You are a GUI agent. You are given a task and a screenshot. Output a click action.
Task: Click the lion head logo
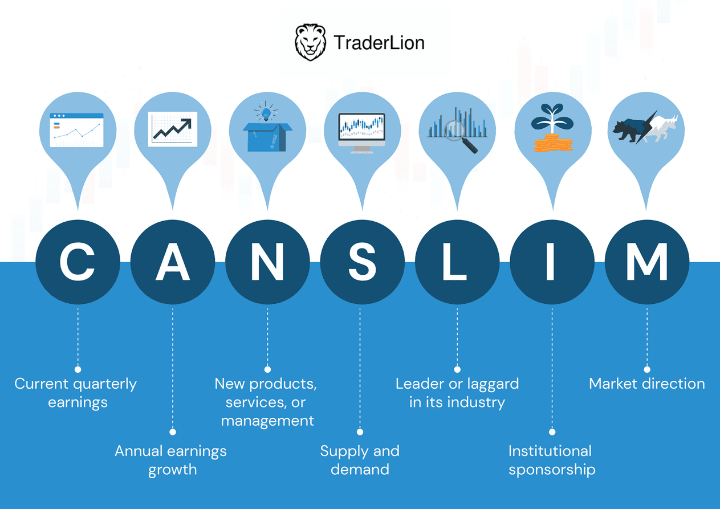pyautogui.click(x=311, y=42)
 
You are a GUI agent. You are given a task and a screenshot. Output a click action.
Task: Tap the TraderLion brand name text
pyautogui.click(x=379, y=43)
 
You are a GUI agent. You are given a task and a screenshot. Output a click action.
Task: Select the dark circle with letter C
pyautogui.click(x=78, y=262)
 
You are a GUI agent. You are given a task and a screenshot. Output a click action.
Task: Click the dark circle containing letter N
pyautogui.click(x=267, y=262)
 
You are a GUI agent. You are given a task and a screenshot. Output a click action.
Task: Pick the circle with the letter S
pyautogui.click(x=362, y=262)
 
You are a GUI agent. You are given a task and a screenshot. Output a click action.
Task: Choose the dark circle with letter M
pyautogui.click(x=647, y=262)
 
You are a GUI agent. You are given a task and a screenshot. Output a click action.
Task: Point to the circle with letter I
pyautogui.click(x=552, y=262)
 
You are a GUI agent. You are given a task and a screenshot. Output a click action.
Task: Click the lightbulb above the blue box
pyautogui.click(x=266, y=112)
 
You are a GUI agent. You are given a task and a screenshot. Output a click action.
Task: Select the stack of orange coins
pyautogui.click(x=553, y=142)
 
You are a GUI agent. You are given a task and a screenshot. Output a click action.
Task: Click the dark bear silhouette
pyautogui.click(x=629, y=130)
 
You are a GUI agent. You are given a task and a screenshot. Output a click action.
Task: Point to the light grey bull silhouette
pyautogui.click(x=661, y=129)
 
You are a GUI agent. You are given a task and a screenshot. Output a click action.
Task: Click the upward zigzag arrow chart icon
pyautogui.click(x=173, y=129)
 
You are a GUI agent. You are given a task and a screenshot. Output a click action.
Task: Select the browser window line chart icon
pyautogui.click(x=77, y=130)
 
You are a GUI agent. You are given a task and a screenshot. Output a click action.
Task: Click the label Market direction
pyautogui.click(x=646, y=384)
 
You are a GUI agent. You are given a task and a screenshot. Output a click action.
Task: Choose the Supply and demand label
pyautogui.click(x=360, y=460)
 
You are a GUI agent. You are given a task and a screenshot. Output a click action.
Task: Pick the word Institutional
pyautogui.click(x=550, y=451)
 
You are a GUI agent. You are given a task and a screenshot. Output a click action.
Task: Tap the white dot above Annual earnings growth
pyautogui.click(x=173, y=432)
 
